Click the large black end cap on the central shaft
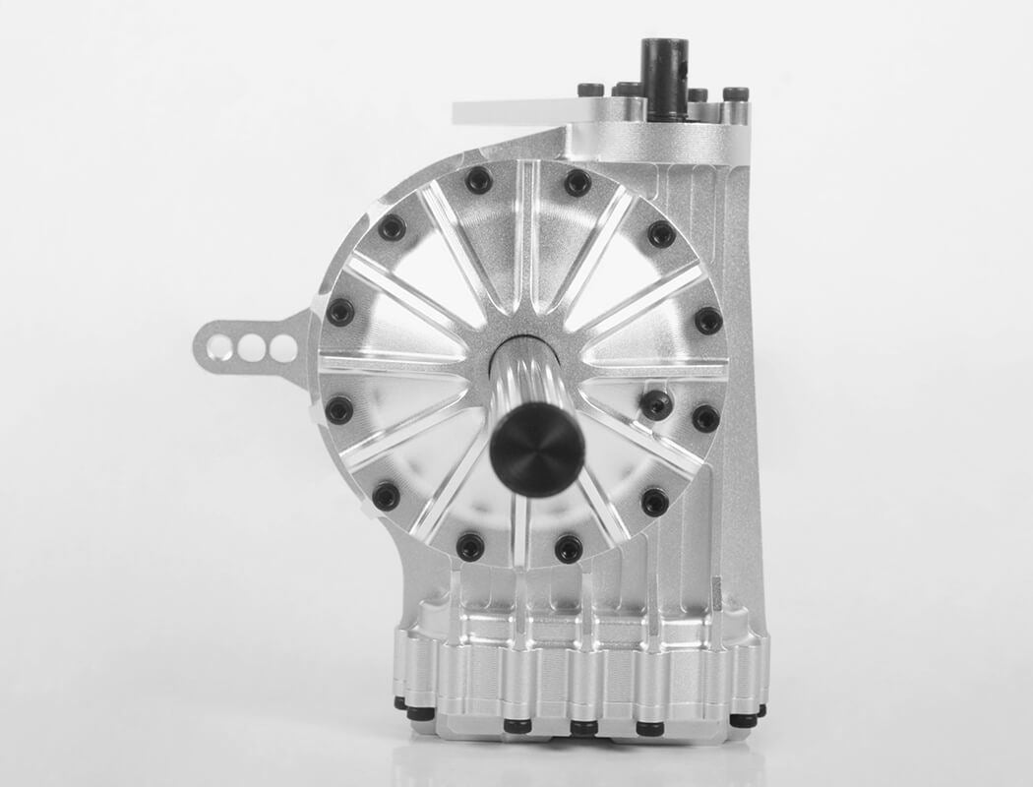click(537, 449)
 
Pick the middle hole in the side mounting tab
click(252, 347)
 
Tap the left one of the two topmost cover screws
click(479, 180)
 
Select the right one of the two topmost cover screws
click(577, 182)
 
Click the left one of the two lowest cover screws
click(470, 546)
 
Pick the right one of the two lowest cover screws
click(569, 548)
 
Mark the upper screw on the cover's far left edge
click(340, 312)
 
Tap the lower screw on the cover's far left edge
click(339, 410)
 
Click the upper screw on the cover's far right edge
click(708, 320)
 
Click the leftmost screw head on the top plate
click(590, 91)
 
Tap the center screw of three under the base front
click(583, 728)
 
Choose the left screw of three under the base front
click(517, 726)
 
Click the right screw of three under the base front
click(649, 728)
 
